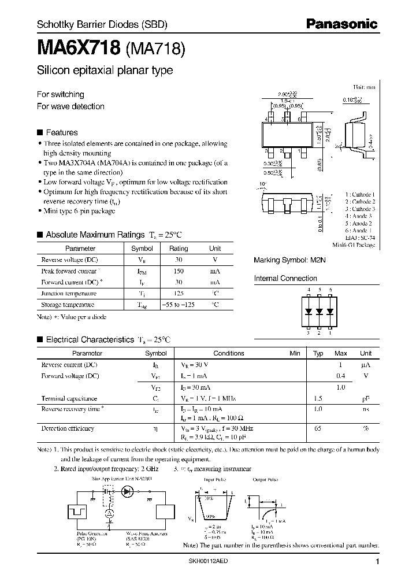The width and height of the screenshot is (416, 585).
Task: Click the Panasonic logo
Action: [x=341, y=24]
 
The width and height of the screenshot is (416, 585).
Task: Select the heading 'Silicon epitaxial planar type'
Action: [x=105, y=71]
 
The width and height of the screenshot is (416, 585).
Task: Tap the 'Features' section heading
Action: [x=61, y=132]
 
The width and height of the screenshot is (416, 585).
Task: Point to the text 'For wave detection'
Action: [x=70, y=106]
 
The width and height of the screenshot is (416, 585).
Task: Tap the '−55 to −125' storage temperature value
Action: [x=178, y=305]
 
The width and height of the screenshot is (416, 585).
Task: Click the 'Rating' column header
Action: [x=178, y=249]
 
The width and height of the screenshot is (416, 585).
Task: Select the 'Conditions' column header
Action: [x=229, y=353]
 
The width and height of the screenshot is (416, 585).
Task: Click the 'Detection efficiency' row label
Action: [x=68, y=428]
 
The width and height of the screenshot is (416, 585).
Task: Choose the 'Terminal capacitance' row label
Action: [x=69, y=398]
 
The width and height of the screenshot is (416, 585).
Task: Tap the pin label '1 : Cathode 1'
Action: [x=360, y=194]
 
